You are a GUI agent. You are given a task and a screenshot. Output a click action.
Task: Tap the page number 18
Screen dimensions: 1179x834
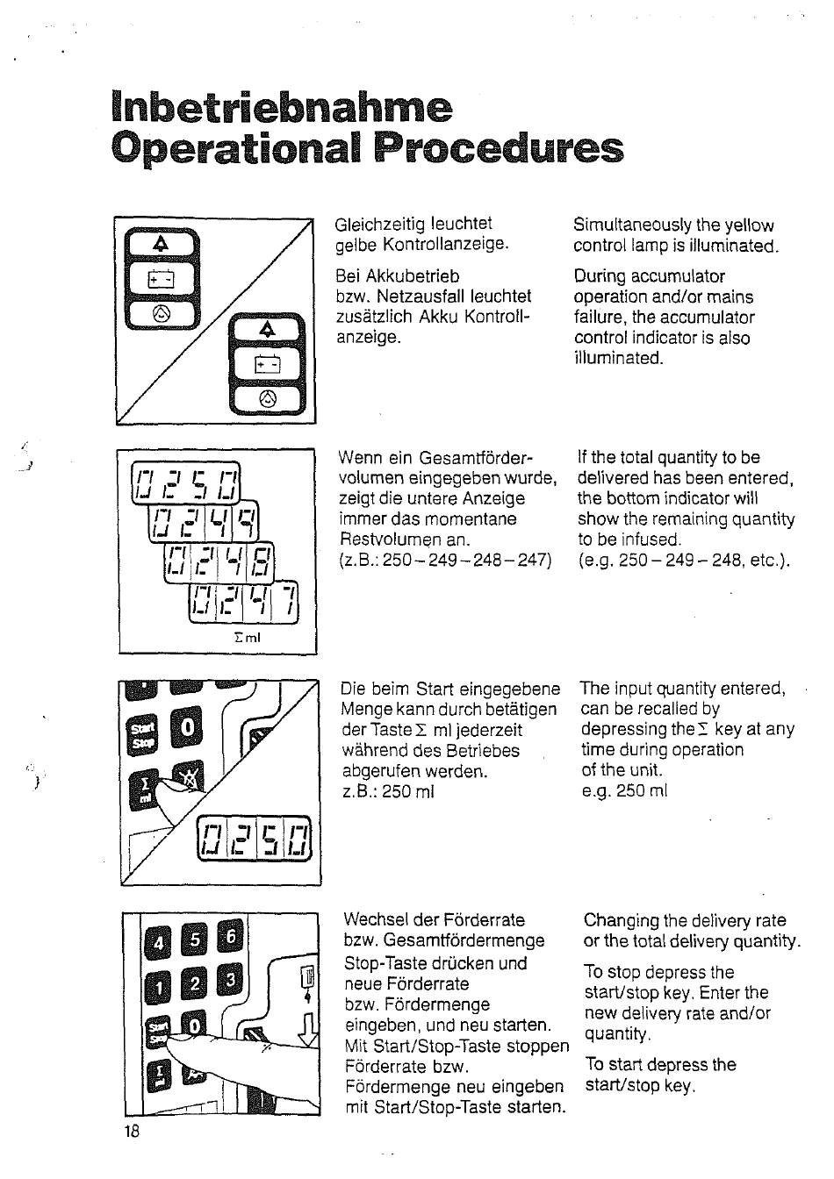click(132, 1130)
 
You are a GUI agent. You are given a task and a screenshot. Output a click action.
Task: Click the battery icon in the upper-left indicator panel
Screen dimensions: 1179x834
click(162, 280)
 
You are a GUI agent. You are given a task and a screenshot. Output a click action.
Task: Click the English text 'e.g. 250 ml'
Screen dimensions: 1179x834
click(624, 790)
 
